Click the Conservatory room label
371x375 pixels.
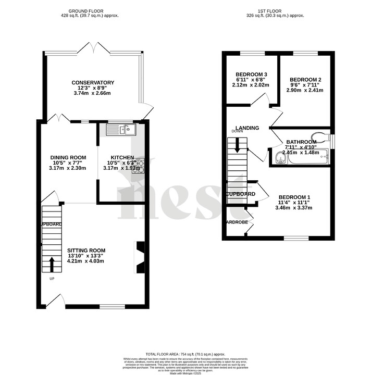click(x=92, y=82)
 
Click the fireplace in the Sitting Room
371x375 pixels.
click(x=140, y=258)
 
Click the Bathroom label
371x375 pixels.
click(x=301, y=142)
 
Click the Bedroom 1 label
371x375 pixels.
click(x=294, y=197)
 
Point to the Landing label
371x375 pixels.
click(x=247, y=128)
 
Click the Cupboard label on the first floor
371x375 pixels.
click(x=240, y=194)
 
